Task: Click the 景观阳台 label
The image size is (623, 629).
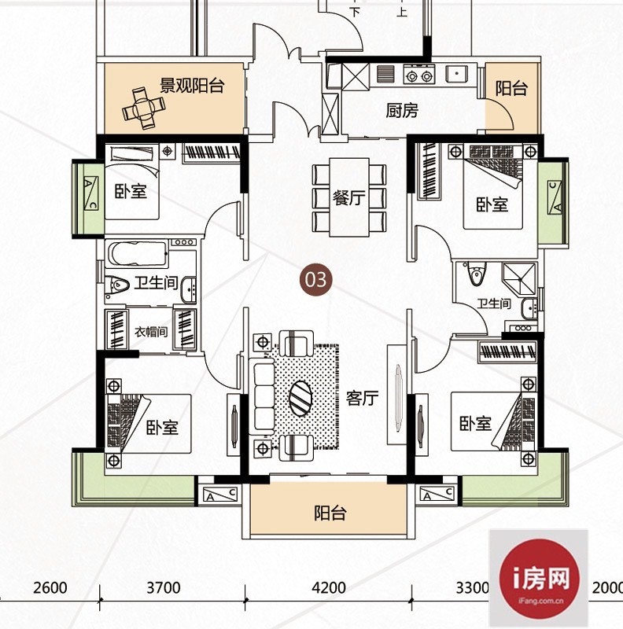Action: [x=192, y=85]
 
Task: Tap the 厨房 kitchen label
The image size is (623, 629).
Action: [x=402, y=110]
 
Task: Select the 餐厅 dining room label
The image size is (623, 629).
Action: [x=348, y=198]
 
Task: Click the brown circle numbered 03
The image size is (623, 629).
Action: [x=316, y=279]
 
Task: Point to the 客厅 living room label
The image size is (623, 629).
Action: [x=362, y=399]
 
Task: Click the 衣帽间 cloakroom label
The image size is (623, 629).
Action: [x=151, y=331]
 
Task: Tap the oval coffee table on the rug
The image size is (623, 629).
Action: [x=300, y=398]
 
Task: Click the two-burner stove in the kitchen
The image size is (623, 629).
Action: [x=419, y=74]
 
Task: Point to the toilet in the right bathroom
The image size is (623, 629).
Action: [x=476, y=273]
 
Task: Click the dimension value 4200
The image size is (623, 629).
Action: [x=329, y=588]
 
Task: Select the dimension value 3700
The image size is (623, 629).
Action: [x=164, y=588]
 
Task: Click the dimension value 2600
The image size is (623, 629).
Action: [x=50, y=588]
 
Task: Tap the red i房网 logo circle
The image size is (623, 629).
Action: [x=539, y=579]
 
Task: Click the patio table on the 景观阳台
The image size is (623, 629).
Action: [x=144, y=109]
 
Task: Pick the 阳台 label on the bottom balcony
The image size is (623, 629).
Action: [x=330, y=513]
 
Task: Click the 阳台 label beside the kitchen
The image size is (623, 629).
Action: [x=511, y=88]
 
